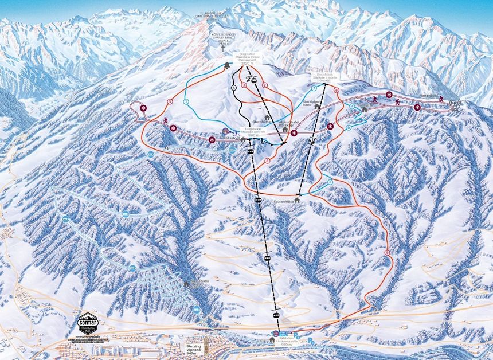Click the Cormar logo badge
88,324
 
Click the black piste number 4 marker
234,87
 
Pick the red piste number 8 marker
336,89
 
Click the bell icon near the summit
228,65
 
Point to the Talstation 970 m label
280,339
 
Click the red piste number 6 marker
268,161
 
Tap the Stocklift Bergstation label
324,77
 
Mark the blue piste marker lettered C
330,182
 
